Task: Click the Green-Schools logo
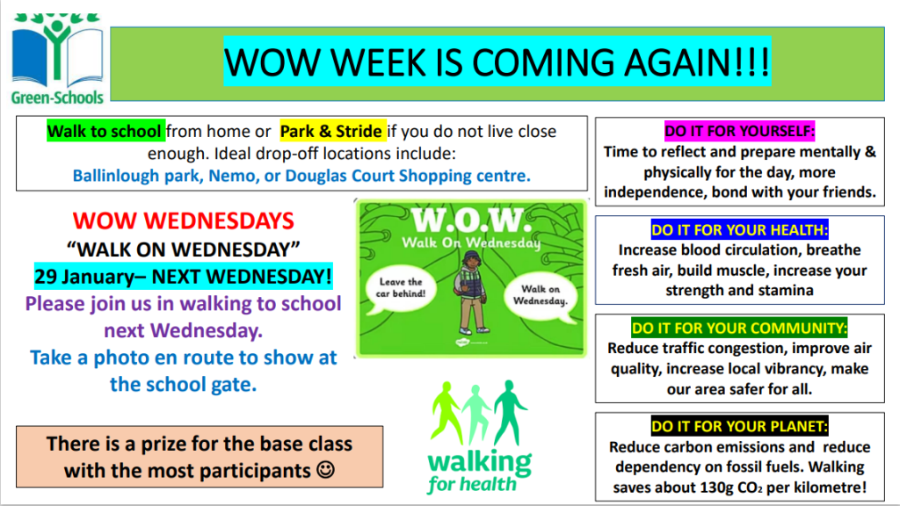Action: coord(57,59)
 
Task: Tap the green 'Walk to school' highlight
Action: coord(105,132)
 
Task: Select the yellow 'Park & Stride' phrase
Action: coord(332,132)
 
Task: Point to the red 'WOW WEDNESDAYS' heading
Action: coord(183,220)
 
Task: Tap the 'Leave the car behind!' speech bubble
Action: coord(401,289)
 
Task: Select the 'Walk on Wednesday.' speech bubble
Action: coord(541,296)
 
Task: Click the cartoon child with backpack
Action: coord(471,293)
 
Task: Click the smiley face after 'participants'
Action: coord(326,470)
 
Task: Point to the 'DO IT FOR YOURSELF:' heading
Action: coord(739,131)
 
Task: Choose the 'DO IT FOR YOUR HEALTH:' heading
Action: coord(739,229)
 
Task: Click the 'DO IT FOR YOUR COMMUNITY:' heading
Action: coord(739,329)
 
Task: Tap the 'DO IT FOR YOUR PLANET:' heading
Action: coord(739,426)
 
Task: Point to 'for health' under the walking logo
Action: coord(472,485)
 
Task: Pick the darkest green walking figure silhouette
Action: coord(510,412)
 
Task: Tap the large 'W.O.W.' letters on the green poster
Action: coord(468,220)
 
